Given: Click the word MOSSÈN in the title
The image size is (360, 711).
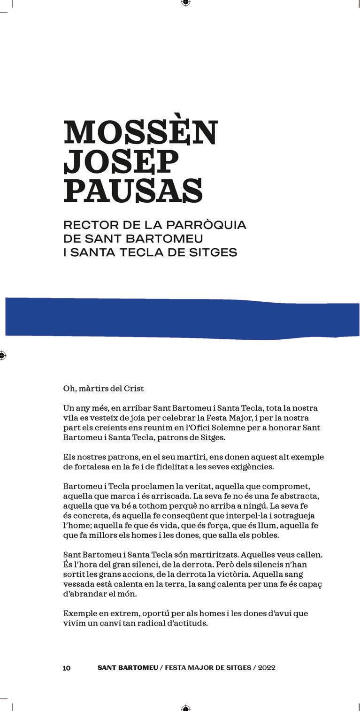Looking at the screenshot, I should point(140,133).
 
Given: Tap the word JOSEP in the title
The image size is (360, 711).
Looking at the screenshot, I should point(121,161).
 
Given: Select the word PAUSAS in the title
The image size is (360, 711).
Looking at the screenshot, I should point(133,190).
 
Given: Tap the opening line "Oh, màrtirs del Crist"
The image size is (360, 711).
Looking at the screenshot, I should point(104,389).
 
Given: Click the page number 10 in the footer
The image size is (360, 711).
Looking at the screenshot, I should point(67,668).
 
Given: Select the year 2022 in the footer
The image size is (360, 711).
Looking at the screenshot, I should point(266,668).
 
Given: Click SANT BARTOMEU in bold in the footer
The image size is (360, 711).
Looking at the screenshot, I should point(128,668).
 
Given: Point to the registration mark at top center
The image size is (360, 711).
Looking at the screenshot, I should point(185,2).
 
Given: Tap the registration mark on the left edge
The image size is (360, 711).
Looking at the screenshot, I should point(2,355).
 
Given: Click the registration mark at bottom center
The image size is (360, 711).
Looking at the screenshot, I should point(185,708).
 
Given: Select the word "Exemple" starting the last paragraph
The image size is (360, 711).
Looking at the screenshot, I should point(78,613).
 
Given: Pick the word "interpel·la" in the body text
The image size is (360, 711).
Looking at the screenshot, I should point(262,516).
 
